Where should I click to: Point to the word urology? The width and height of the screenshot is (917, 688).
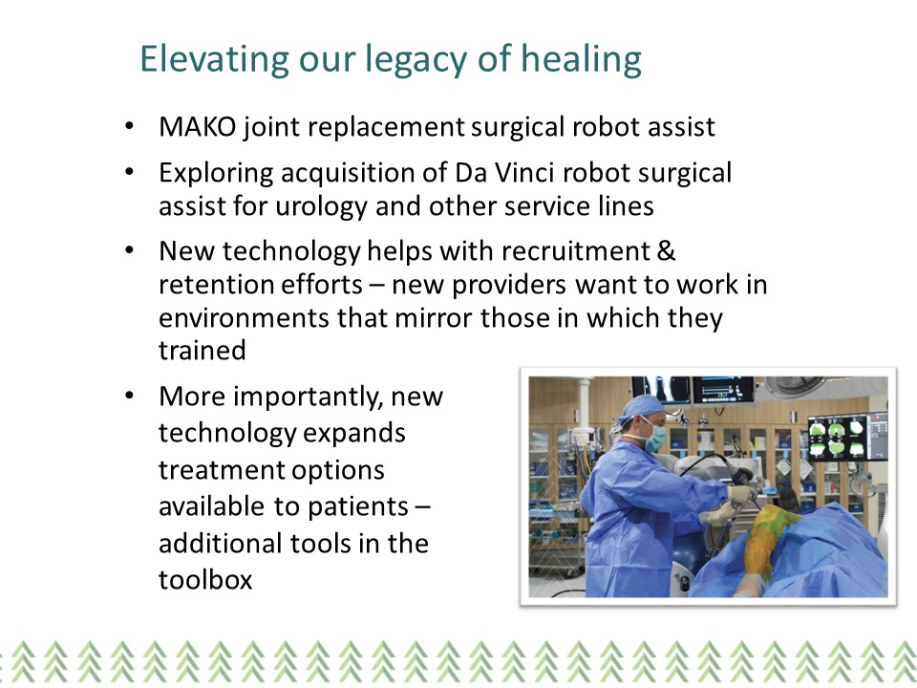point(321,207)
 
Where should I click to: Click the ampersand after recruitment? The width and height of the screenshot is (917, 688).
point(666,251)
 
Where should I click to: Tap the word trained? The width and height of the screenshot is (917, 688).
point(203,351)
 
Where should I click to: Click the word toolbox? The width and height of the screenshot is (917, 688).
point(205,579)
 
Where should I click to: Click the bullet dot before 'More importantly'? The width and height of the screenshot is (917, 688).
point(129,396)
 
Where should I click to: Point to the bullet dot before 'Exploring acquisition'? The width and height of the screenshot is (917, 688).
point(129,172)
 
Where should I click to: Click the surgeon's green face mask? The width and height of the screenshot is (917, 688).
point(654,439)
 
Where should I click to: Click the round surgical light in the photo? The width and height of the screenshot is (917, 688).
point(795,385)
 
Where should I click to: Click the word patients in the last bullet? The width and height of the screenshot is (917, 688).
point(358,507)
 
